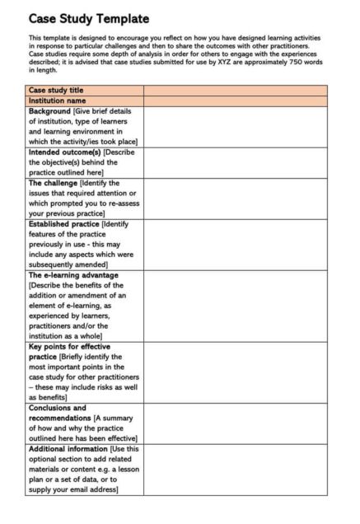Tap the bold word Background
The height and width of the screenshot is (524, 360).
(x=50, y=110)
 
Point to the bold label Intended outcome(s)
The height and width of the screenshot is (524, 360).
(x=64, y=152)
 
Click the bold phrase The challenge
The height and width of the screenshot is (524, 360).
(x=55, y=183)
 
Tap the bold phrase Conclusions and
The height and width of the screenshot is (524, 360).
(x=58, y=407)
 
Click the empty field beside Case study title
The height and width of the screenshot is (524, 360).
(x=235, y=90)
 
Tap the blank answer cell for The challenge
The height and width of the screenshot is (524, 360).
(x=235, y=198)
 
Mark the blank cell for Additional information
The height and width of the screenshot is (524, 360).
(x=235, y=469)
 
